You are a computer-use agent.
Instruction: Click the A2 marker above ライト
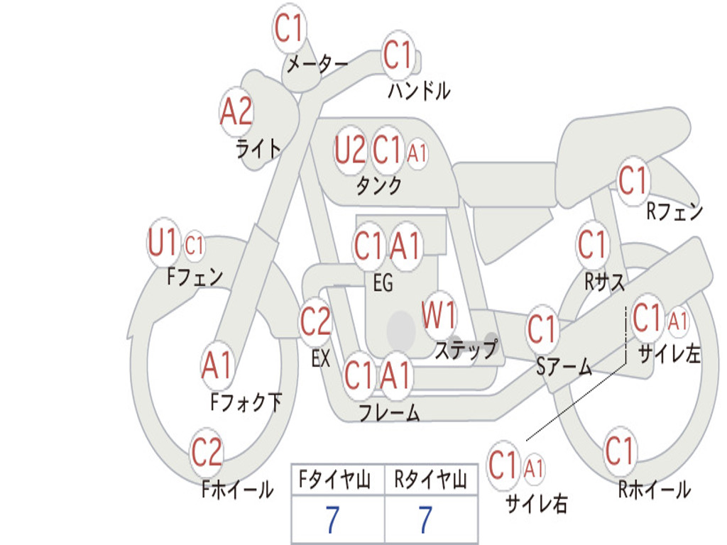pos(236,112)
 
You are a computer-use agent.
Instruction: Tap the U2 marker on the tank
pos(350,150)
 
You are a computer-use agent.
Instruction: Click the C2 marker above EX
pos(316,321)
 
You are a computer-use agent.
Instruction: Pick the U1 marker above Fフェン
pos(163,242)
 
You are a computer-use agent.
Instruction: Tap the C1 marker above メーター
pos(288,28)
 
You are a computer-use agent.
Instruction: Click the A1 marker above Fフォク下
pos(217,365)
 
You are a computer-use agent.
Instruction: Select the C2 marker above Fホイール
pos(207,452)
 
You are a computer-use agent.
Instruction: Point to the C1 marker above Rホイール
pos(619,451)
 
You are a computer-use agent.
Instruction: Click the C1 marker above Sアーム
pos(542,329)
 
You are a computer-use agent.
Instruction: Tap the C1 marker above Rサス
pos(592,244)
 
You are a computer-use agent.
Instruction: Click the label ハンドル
pos(419,90)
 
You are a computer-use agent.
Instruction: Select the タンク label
pos(379,185)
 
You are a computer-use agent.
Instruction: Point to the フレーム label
pos(390,412)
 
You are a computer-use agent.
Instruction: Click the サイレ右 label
pos(537,503)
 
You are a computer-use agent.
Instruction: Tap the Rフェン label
pos(675,211)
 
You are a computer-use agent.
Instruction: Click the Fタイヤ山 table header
pos(335,480)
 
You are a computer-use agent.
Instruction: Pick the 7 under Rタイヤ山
pos(426,520)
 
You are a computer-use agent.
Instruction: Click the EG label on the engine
pos(383,282)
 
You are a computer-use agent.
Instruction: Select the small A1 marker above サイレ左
pos(678,321)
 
